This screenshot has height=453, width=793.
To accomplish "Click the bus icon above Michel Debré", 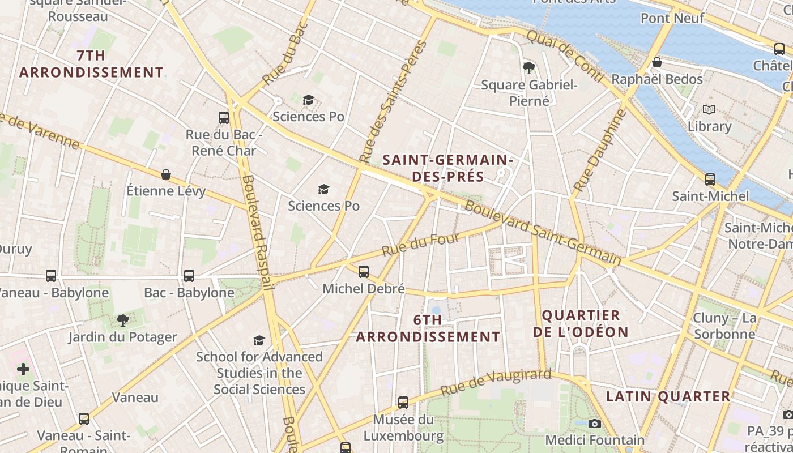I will [364, 272].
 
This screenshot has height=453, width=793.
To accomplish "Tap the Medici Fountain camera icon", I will [594, 424].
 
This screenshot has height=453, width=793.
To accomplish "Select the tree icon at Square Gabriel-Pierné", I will [529, 68].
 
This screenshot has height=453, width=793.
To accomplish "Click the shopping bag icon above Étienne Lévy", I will [166, 174].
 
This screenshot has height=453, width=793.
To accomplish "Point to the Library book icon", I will [709, 109].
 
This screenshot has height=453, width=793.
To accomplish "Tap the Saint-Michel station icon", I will [710, 180].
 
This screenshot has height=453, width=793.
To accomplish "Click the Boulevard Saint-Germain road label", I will [542, 233].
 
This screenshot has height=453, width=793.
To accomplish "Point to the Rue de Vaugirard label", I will [496, 382].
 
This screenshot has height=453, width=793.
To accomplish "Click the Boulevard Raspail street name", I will [258, 232].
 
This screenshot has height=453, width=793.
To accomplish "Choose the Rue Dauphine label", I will [600, 150].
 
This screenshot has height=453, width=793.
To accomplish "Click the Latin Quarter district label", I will [668, 396].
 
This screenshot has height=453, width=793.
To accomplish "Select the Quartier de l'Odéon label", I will [581, 324].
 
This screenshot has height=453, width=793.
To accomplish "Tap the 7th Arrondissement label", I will [91, 64].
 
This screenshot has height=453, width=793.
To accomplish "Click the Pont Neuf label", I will [672, 18].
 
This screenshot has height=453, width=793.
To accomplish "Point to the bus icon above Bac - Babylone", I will [189, 276].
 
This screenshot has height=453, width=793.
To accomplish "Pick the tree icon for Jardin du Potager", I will [122, 320].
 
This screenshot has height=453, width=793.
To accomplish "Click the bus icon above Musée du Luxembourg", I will [403, 403].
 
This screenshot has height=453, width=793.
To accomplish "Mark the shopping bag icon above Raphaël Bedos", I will [657, 62].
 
